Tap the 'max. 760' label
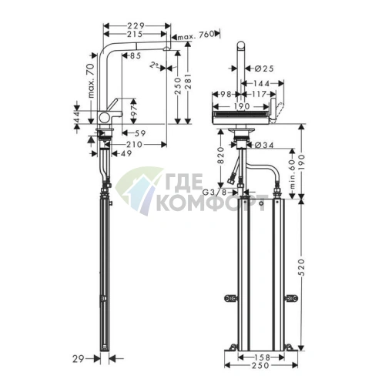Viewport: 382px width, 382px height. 196,36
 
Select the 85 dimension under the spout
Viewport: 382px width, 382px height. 135,56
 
